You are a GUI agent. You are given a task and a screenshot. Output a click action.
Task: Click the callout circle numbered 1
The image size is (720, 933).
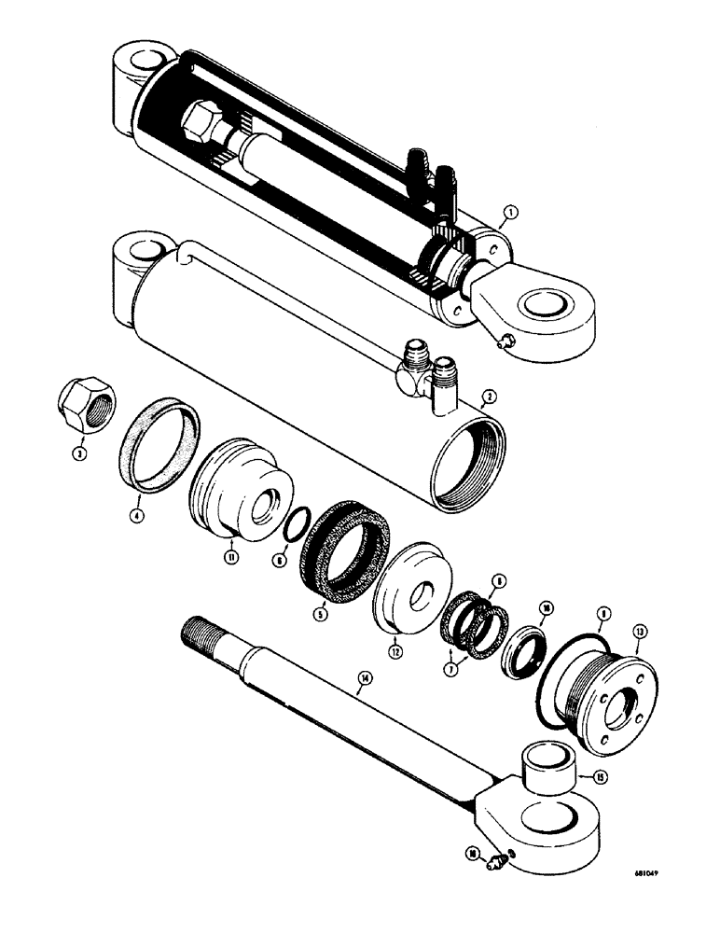[505, 216]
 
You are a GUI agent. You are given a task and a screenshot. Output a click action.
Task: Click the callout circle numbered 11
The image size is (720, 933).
[228, 556]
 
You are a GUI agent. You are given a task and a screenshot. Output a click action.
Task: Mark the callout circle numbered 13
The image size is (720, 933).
[641, 631]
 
